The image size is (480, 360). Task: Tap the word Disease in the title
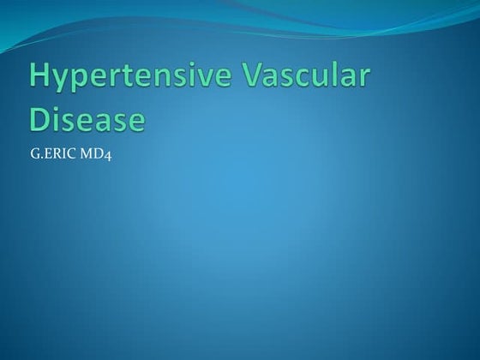coord(86,117)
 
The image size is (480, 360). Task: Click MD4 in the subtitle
coord(94,157)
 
